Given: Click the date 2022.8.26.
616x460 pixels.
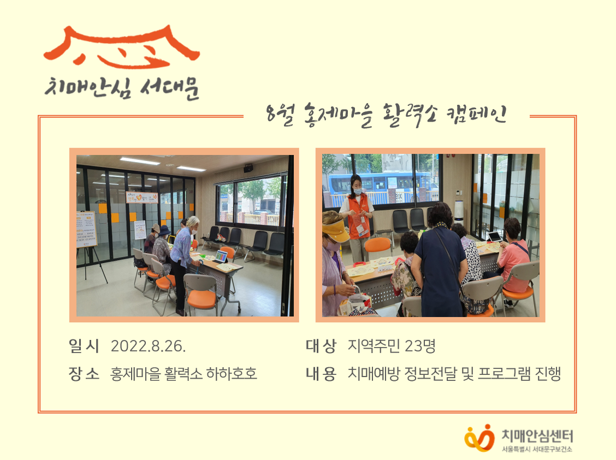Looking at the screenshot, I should (x=148, y=346).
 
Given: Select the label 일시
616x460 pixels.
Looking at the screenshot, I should (x=84, y=346).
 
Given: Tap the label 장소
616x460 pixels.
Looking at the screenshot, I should (x=84, y=374).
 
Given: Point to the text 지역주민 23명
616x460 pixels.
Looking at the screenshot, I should (x=391, y=346).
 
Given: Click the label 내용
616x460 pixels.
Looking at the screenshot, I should (x=321, y=374).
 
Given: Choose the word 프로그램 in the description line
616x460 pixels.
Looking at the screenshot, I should (x=502, y=374).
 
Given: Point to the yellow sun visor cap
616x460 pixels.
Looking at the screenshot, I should (x=335, y=231).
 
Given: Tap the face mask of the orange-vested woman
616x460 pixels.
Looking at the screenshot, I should (x=358, y=192).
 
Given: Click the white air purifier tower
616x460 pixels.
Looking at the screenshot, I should (x=459, y=214).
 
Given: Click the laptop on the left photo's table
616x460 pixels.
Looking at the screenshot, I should (x=221, y=256).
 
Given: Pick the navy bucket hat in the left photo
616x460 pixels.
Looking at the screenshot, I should (x=164, y=230).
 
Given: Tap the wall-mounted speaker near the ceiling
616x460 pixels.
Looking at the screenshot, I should (x=248, y=168).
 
